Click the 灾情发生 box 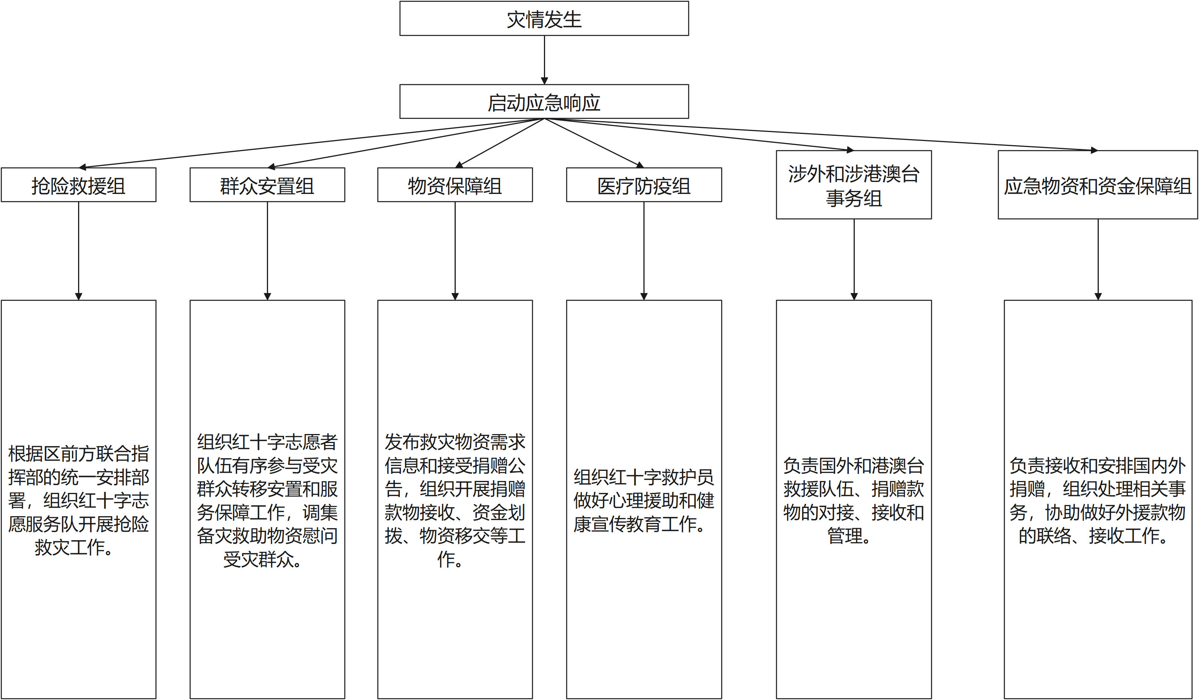click(544, 18)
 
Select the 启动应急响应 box click(544, 101)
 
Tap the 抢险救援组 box click(78, 185)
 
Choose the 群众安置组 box click(267, 185)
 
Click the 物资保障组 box click(455, 185)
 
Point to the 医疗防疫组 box click(644, 185)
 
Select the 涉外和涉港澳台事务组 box click(854, 185)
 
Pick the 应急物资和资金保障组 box click(1098, 185)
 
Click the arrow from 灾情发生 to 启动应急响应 click(544, 60)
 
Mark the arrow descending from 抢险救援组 click(78, 251)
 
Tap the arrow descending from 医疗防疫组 click(644, 251)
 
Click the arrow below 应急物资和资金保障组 click(1098, 259)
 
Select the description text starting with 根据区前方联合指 click(78, 500)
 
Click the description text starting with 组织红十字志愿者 click(267, 500)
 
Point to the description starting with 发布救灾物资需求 click(455, 500)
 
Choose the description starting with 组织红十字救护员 click(644, 500)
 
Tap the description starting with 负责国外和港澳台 click(854, 500)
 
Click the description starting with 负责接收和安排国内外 click(1098, 500)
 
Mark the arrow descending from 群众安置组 click(267, 251)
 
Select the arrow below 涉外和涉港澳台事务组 click(854, 259)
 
